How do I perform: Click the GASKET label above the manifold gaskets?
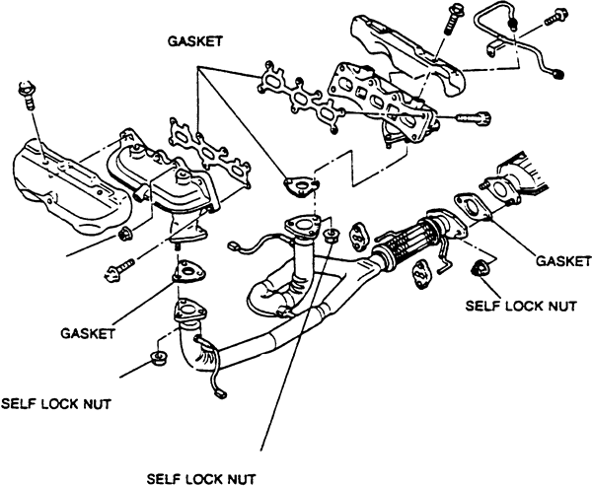(195, 41)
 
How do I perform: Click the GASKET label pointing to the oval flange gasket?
(563, 260)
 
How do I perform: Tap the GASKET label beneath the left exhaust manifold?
(88, 333)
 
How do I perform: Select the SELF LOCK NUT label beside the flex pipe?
(521, 306)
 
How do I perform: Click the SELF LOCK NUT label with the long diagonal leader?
(201, 479)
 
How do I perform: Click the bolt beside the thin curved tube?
(555, 18)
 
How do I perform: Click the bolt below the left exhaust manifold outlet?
(119, 269)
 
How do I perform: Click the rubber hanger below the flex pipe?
(420, 274)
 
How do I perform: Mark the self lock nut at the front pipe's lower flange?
(159, 358)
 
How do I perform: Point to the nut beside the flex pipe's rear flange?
(480, 267)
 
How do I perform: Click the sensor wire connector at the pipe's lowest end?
(220, 394)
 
